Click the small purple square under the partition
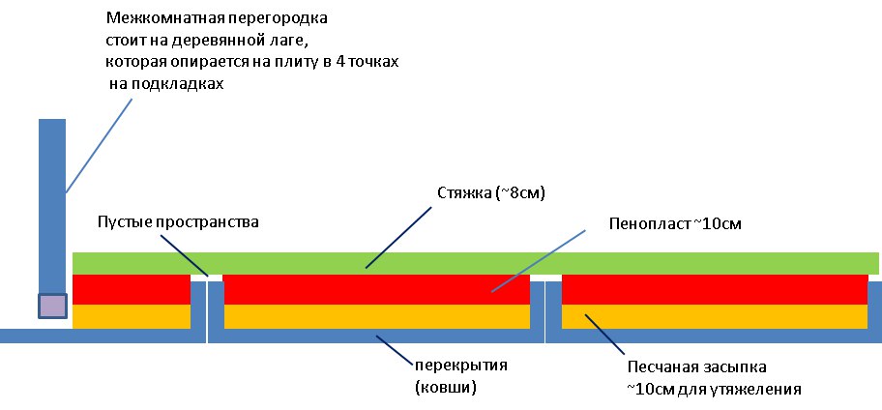tap(52, 307)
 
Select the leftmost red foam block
tap(131, 289)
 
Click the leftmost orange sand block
tap(131, 316)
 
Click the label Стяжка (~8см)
tap(491, 194)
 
